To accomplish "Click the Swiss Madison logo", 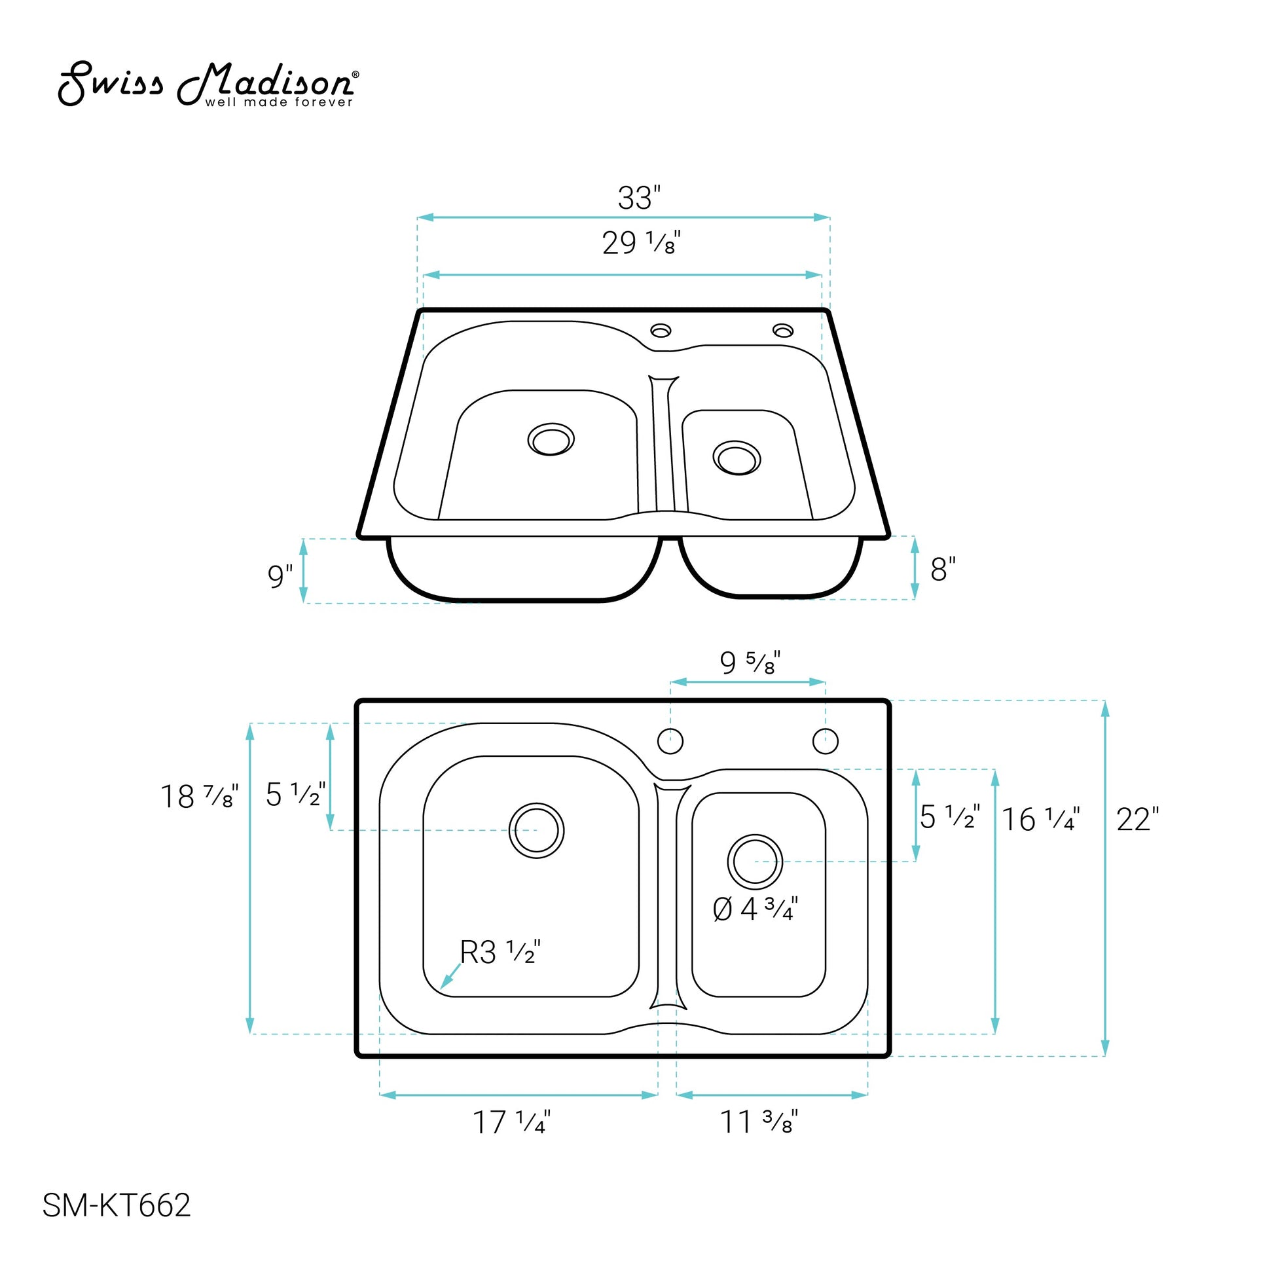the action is [x=208, y=84].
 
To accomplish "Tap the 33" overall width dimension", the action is [x=639, y=198].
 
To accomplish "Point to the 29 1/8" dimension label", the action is [x=641, y=243].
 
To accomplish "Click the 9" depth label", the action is [x=280, y=575].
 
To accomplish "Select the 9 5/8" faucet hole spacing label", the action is [x=750, y=663].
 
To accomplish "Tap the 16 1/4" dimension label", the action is [x=1040, y=820].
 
